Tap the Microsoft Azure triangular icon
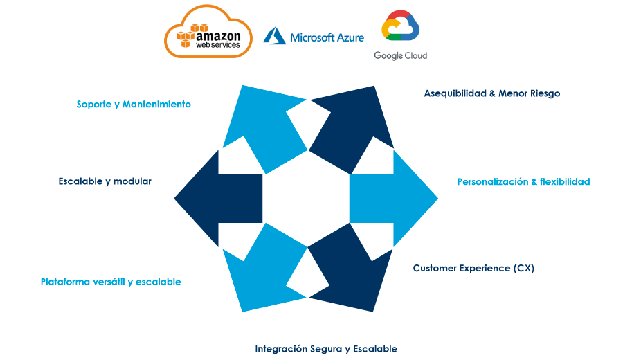click(274, 36)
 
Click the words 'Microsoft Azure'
click(327, 37)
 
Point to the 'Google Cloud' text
click(400, 55)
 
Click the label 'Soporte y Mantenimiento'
click(134, 105)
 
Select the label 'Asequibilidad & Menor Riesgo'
click(491, 93)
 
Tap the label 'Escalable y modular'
click(105, 181)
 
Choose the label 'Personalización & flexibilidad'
click(523, 182)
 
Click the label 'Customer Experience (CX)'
click(473, 268)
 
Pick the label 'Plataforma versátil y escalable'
click(111, 282)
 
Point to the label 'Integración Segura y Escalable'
click(326, 349)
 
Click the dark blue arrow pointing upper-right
click(352, 128)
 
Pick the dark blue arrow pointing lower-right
click(350, 267)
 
